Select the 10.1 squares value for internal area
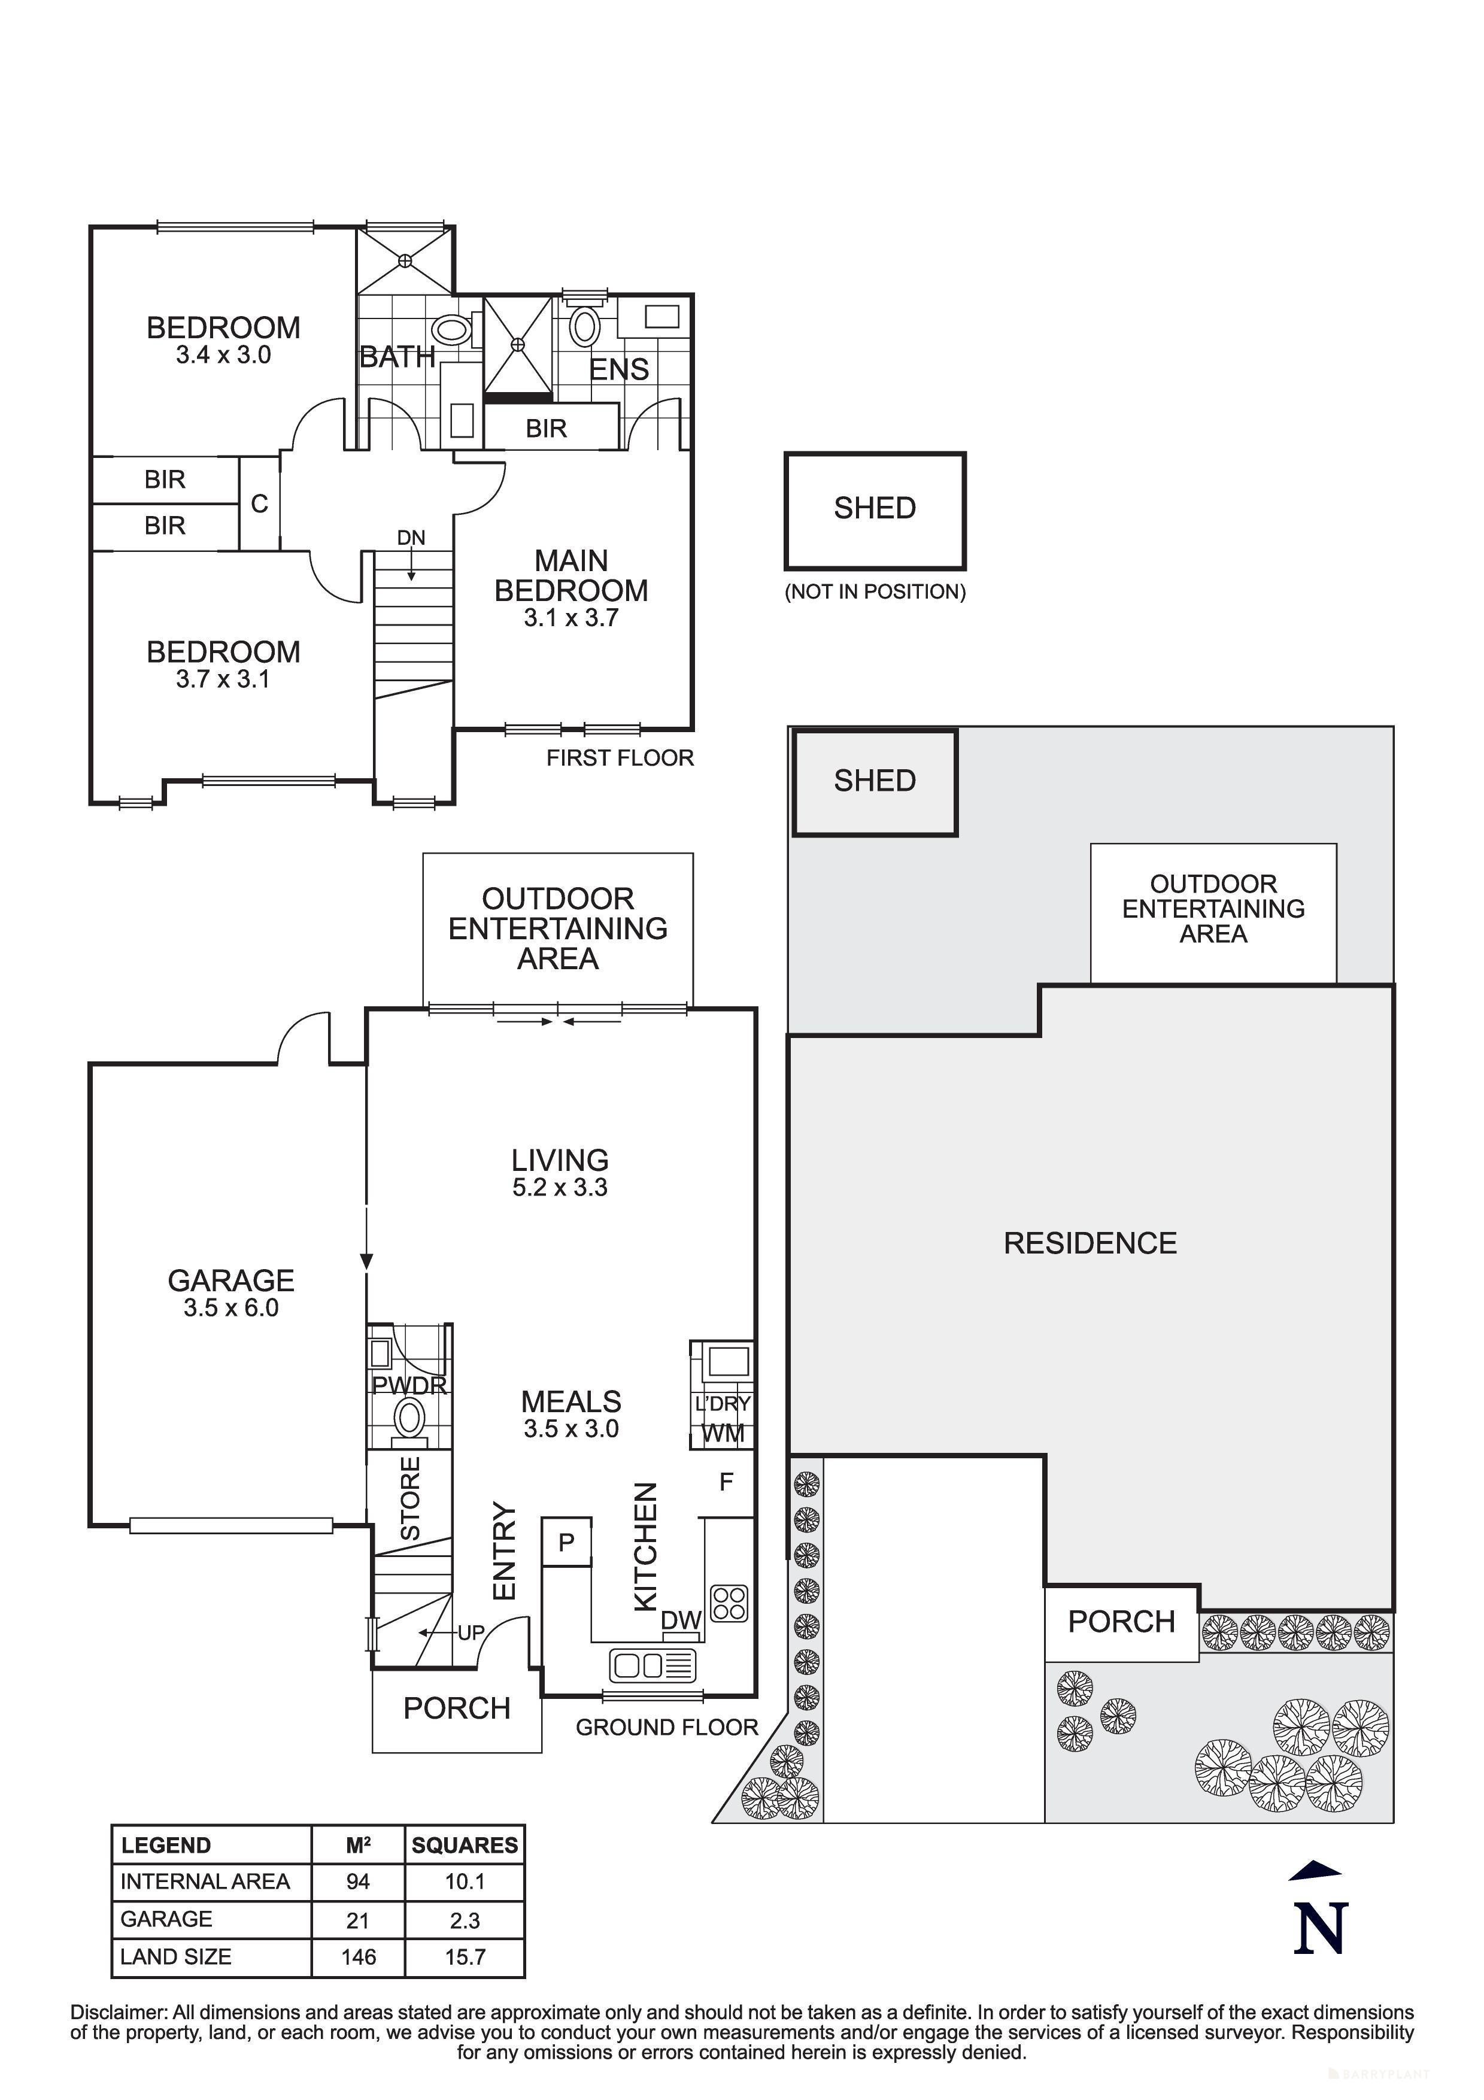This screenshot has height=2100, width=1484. click(x=465, y=1881)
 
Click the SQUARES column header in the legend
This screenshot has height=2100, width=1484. click(x=465, y=1845)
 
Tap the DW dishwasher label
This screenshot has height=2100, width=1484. click(x=681, y=1620)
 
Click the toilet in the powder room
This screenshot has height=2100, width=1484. click(x=409, y=1419)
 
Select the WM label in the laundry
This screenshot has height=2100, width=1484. click(x=723, y=1433)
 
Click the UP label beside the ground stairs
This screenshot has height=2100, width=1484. click(x=471, y=1632)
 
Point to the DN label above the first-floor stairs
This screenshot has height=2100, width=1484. click(x=411, y=538)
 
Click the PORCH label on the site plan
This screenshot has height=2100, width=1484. click(x=1121, y=1622)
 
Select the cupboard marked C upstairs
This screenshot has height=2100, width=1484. click(x=260, y=504)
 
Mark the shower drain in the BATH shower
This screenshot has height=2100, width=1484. click(x=405, y=260)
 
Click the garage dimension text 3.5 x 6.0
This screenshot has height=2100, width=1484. click(x=230, y=1308)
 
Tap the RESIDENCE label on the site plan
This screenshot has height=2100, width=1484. click(x=1090, y=1243)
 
